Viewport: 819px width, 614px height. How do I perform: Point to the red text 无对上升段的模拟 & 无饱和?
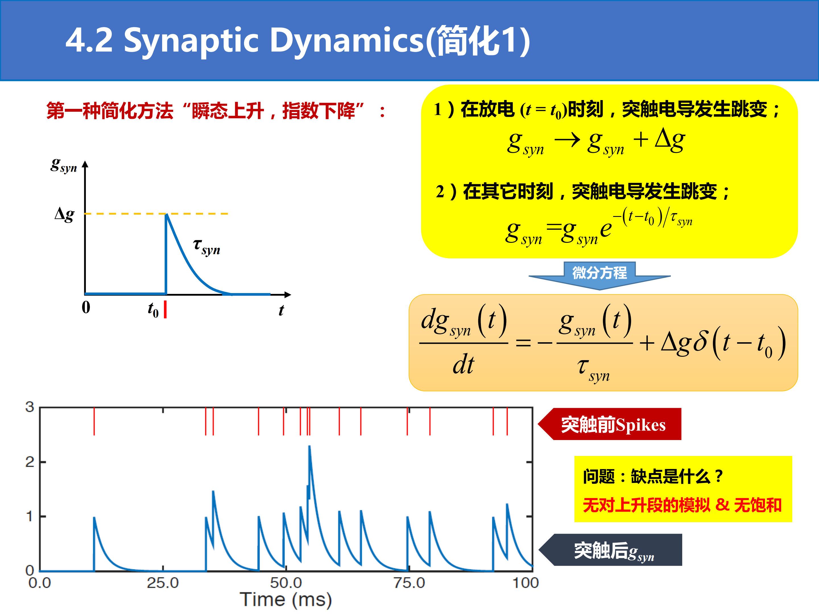tap(682, 505)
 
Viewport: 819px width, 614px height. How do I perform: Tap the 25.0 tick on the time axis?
tap(163, 583)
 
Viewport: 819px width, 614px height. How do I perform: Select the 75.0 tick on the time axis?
tap(409, 583)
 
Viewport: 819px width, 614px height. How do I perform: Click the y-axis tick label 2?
tap(30, 462)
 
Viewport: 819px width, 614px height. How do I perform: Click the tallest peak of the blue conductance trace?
tap(309, 446)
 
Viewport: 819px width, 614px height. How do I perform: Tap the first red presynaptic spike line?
tap(94, 421)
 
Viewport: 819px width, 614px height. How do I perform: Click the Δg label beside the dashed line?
tap(65, 214)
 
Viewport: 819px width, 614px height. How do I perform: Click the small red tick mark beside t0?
tap(165, 309)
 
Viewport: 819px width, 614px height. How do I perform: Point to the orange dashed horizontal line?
tap(156, 213)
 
